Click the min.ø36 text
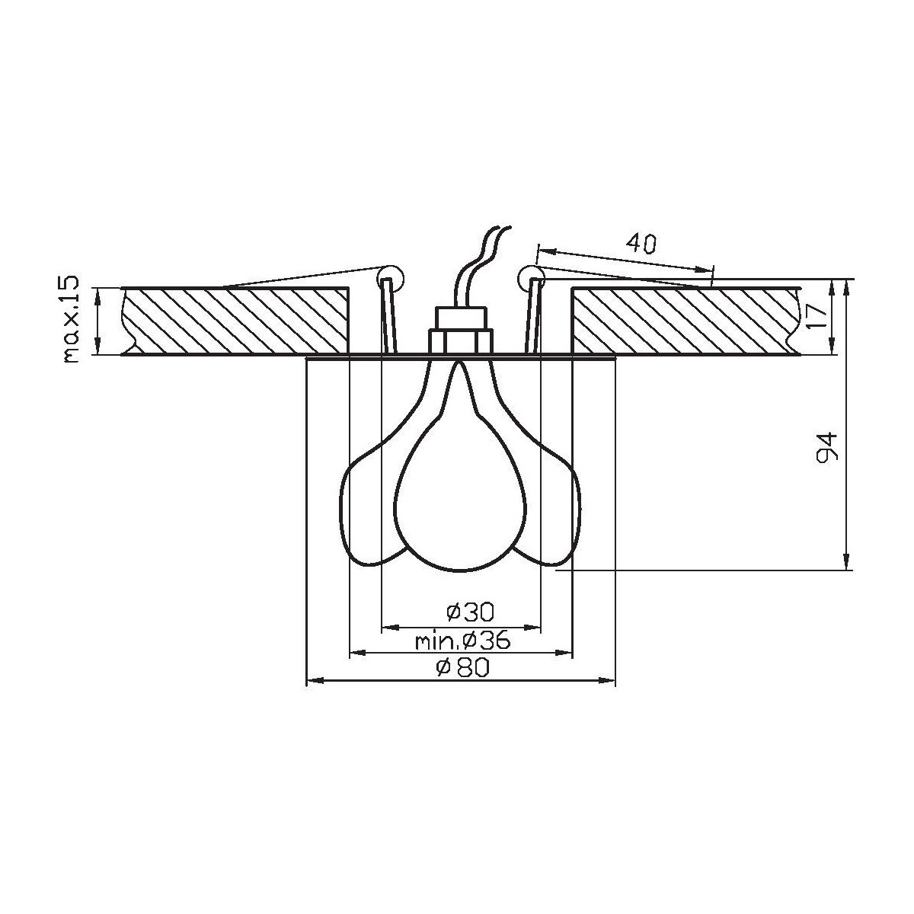click(462, 641)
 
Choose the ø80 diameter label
click(461, 667)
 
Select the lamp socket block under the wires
click(460, 331)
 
